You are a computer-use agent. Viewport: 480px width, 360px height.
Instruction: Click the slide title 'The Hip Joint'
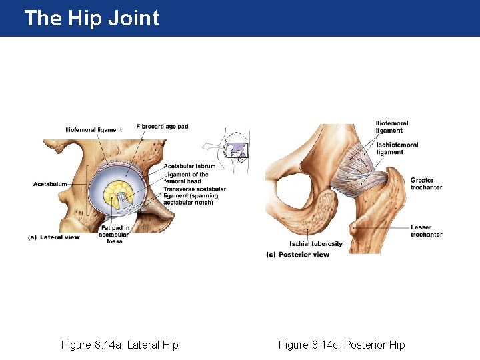(x=91, y=18)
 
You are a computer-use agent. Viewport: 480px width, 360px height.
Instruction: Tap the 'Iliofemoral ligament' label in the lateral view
(x=93, y=129)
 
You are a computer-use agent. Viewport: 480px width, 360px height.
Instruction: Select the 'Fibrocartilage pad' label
(x=162, y=126)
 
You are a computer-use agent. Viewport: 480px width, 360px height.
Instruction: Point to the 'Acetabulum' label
(x=50, y=184)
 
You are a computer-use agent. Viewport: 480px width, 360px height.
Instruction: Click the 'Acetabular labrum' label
(x=189, y=166)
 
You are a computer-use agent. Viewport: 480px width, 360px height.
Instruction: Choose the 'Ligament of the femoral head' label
(x=186, y=178)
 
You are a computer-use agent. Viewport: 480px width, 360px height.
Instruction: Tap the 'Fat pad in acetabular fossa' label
(x=114, y=234)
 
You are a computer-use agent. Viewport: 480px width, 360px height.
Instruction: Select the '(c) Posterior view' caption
(x=297, y=255)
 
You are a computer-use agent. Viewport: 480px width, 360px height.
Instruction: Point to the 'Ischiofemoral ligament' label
(x=397, y=149)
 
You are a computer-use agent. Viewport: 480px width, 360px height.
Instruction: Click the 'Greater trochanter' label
(x=426, y=183)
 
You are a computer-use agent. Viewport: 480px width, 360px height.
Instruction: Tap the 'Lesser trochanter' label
(x=426, y=231)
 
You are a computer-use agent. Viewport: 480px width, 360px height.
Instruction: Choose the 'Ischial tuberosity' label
(x=316, y=243)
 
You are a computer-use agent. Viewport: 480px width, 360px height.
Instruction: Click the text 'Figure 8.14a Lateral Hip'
(x=120, y=345)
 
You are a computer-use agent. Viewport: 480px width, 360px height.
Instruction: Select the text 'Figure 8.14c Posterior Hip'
(x=341, y=345)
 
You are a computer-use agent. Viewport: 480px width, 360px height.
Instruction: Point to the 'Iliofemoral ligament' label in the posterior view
(x=392, y=127)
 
